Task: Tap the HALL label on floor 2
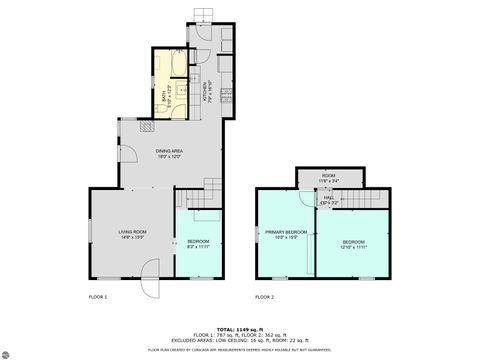click(x=328, y=200)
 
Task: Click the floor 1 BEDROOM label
click(x=197, y=244)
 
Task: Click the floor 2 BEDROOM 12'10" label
click(x=353, y=244)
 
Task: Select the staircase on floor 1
click(x=212, y=187)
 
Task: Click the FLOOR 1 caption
click(x=97, y=297)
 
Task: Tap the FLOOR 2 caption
click(x=263, y=297)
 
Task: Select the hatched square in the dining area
click(x=146, y=128)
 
